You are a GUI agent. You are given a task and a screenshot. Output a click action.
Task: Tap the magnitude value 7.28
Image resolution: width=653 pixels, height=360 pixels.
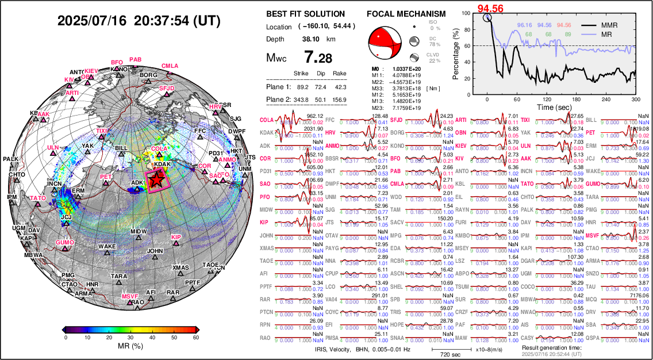pyautogui.click(x=318, y=58)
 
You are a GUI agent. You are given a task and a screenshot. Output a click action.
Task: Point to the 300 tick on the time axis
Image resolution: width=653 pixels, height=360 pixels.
pyautogui.click(x=636, y=99)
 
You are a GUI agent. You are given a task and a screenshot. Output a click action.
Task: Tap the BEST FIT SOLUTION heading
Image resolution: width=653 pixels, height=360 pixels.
pyautogui.click(x=306, y=14)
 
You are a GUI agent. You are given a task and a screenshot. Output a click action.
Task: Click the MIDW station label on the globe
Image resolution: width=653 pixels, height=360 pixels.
pyautogui.click(x=139, y=232)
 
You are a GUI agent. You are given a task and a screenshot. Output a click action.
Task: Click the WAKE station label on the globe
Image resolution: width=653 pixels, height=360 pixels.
pyautogui.click(x=106, y=247)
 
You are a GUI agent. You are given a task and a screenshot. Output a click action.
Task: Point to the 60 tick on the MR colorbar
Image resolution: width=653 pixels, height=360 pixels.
pyautogui.click(x=197, y=338)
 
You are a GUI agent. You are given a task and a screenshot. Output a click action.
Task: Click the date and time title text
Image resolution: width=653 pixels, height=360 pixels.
pyautogui.click(x=139, y=21)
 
